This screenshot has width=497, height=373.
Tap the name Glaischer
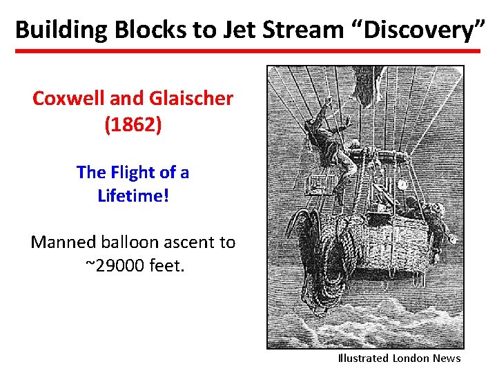[191, 99]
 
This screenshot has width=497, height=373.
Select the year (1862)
[133, 126]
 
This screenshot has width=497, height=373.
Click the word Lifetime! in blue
[133, 195]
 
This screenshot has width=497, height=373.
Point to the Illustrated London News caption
[399, 358]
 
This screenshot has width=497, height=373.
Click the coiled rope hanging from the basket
[324, 249]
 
